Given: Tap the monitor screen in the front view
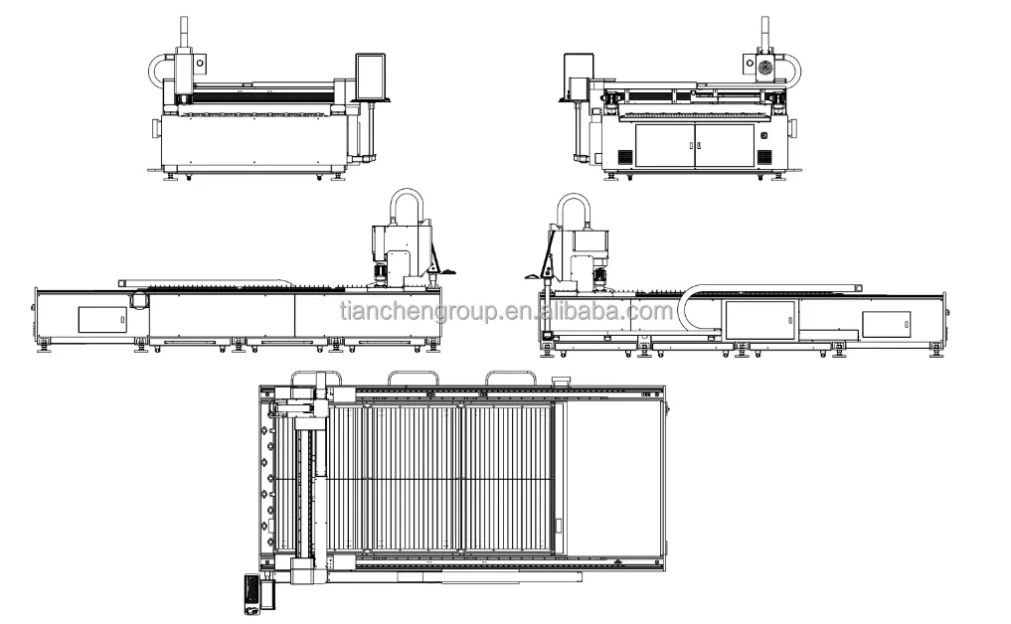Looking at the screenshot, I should point(371,76).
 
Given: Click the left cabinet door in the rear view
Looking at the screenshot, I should point(664,144).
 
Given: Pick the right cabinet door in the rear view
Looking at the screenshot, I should point(724,144).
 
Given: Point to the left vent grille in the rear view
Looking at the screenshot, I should point(624,157).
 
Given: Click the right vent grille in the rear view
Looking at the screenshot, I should point(764,157).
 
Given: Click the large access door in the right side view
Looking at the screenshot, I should point(760,321).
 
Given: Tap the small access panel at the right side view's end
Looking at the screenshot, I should point(886,324).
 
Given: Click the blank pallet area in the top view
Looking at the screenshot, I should point(611,477).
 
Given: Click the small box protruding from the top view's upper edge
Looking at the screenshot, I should point(558,379).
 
